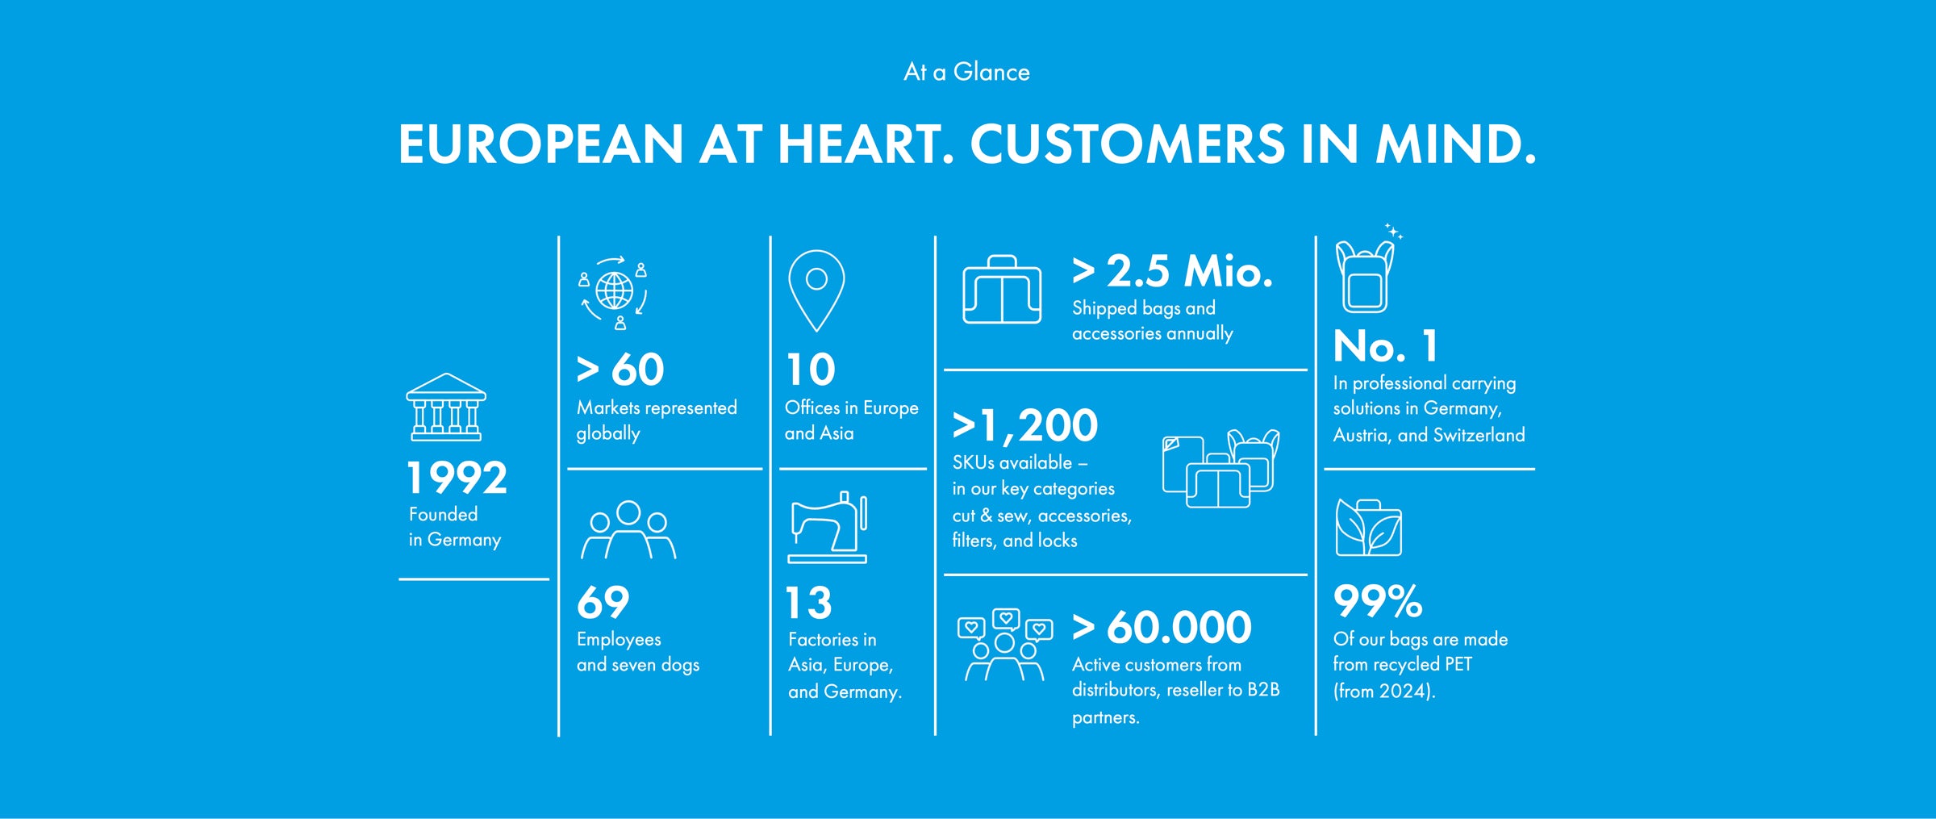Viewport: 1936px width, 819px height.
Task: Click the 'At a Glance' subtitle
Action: pyautogui.click(x=966, y=72)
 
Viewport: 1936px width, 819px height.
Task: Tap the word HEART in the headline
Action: pyautogui.click(x=861, y=144)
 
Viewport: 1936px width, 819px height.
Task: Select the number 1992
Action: pyautogui.click(x=457, y=478)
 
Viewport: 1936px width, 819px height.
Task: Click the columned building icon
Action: pyautogui.click(x=446, y=407)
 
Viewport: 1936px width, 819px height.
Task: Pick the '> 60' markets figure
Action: pyautogui.click(x=620, y=370)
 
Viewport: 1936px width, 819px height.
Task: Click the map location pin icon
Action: pyautogui.click(x=816, y=290)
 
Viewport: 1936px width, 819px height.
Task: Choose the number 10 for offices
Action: pyautogui.click(x=811, y=370)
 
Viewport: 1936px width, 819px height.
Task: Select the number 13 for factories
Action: pyautogui.click(x=809, y=603)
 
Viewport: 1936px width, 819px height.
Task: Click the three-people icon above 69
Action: pyautogui.click(x=628, y=530)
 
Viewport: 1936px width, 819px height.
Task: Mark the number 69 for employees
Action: pyautogui.click(x=603, y=603)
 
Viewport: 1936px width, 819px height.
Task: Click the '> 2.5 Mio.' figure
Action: pyautogui.click(x=1173, y=271)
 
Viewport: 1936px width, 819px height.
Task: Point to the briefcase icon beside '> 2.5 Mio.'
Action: pyautogui.click(x=1002, y=290)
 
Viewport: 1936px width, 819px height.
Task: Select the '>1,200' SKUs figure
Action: pyautogui.click(x=1025, y=425)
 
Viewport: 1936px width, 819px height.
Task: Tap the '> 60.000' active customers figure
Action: pyautogui.click(x=1162, y=627)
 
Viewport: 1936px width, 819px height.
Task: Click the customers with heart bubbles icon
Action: pyautogui.click(x=1005, y=645)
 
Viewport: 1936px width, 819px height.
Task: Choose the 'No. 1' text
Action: pyautogui.click(x=1386, y=346)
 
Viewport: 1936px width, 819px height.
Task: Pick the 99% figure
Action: pyautogui.click(x=1378, y=601)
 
